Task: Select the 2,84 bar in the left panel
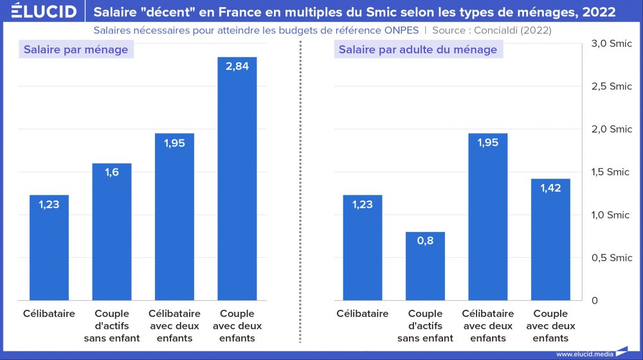[x=237, y=180]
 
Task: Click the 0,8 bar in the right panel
[x=425, y=267]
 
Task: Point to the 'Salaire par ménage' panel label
[x=76, y=50]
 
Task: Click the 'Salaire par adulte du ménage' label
[x=418, y=50]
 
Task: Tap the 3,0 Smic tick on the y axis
[x=611, y=43]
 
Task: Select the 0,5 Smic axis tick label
[x=611, y=258]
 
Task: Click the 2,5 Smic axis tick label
[x=611, y=86]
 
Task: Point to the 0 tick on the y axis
[x=595, y=301]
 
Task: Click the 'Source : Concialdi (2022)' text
[x=492, y=30]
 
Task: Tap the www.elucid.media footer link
[x=584, y=354]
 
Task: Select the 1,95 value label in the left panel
[x=174, y=143]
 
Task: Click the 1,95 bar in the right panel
[x=488, y=219]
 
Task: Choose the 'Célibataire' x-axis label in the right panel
[x=363, y=314]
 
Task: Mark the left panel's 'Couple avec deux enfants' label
[x=237, y=326]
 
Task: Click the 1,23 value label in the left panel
[x=49, y=204]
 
